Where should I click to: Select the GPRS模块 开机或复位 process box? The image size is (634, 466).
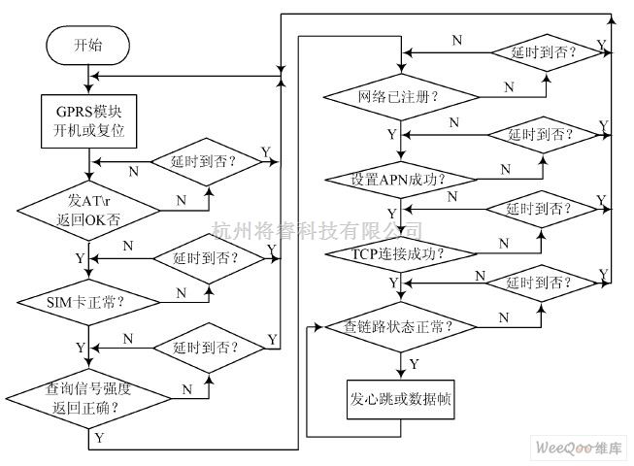click(88, 119)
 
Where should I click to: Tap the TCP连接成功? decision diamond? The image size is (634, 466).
click(398, 253)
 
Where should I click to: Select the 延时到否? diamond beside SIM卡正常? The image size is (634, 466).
click(205, 257)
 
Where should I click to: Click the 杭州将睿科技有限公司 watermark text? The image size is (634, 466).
click(317, 230)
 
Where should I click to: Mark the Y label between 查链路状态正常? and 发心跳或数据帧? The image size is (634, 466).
click(414, 363)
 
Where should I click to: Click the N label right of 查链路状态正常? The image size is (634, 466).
click(503, 316)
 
